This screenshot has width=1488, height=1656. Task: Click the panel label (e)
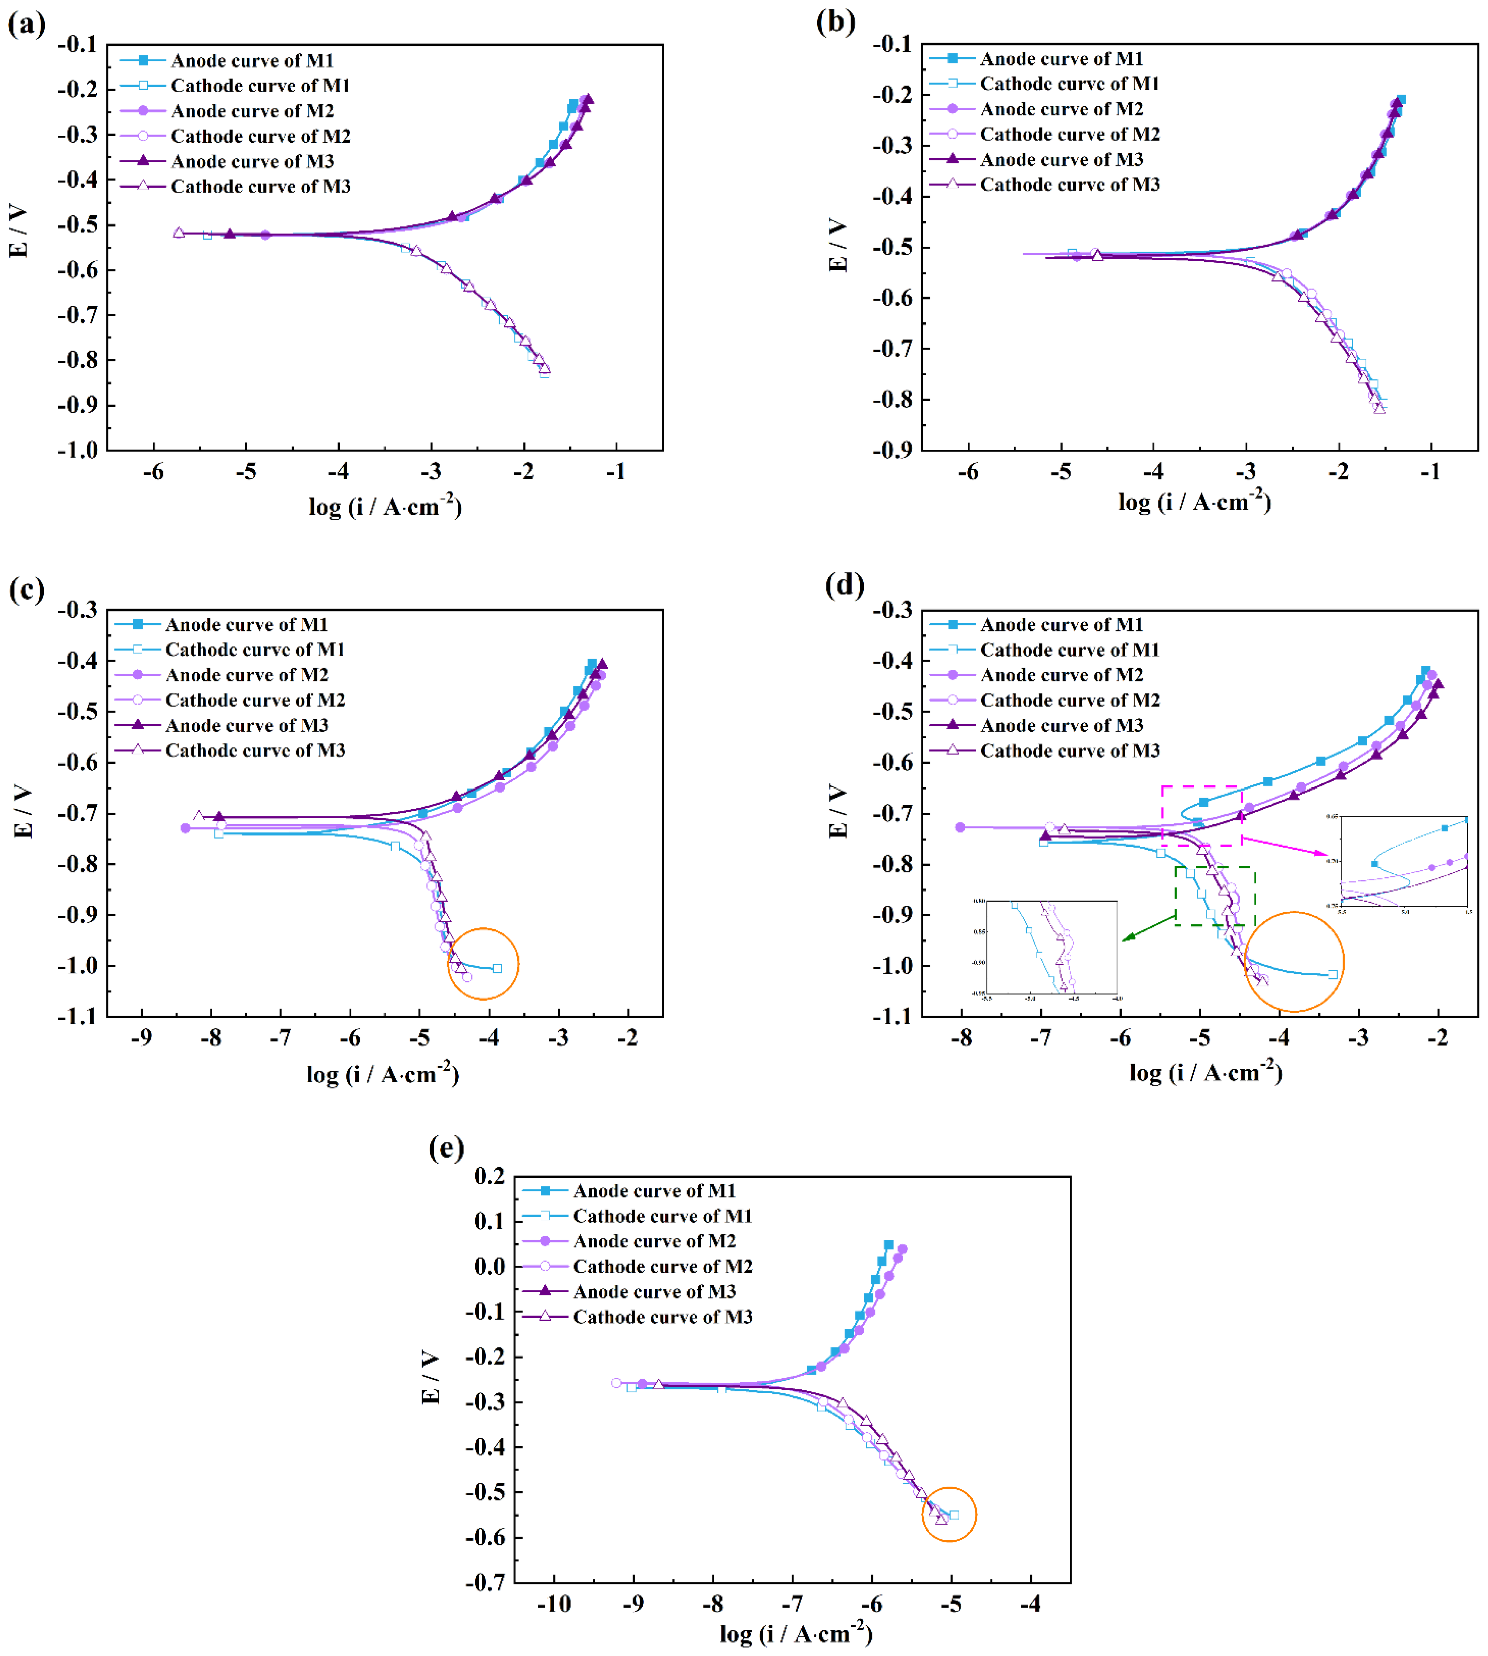point(446,1148)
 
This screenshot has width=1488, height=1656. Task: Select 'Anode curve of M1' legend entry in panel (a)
point(252,61)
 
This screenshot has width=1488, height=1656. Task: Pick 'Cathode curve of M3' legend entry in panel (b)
point(1069,185)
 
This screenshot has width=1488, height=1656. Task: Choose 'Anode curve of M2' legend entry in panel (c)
point(246,675)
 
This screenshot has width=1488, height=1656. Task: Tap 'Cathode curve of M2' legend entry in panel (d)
point(1069,700)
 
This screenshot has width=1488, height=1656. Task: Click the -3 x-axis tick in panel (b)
point(1245,472)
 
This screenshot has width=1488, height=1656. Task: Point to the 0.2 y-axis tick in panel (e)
point(489,1176)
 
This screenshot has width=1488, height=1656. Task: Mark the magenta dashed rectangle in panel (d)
point(1201,815)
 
